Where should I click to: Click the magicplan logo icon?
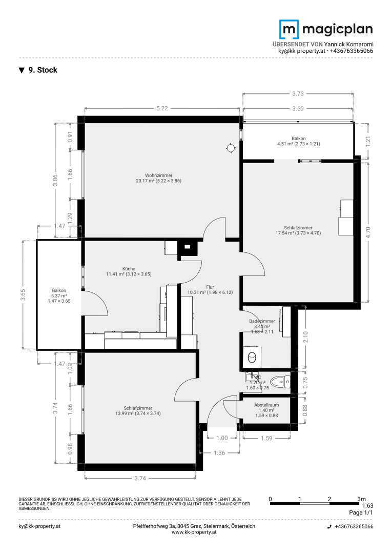point(289,29)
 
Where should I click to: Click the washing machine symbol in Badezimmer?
point(252,355)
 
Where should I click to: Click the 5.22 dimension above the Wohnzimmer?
point(161,108)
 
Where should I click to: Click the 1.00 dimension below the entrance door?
point(222,438)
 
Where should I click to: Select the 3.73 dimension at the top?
point(297,93)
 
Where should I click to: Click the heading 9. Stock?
point(43,70)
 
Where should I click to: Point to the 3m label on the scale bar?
point(361,499)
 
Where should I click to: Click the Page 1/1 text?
point(360,512)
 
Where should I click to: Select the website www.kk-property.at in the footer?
point(194,533)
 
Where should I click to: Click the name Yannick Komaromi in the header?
point(348,44)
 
